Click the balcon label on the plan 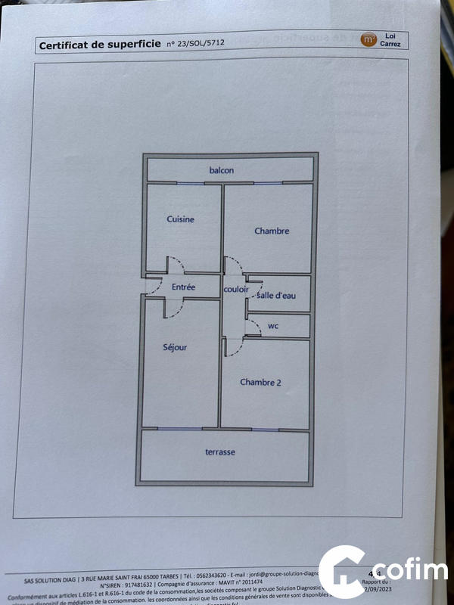pos(222,170)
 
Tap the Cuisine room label pos(180,219)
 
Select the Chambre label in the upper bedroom pos(271,231)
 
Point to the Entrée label pos(183,287)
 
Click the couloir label pos(235,290)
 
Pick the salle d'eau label pos(276,295)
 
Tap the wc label pos(273,327)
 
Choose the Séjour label pos(175,348)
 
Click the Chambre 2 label pos(260,383)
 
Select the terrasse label pos(220,452)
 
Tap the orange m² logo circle pos(368,39)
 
